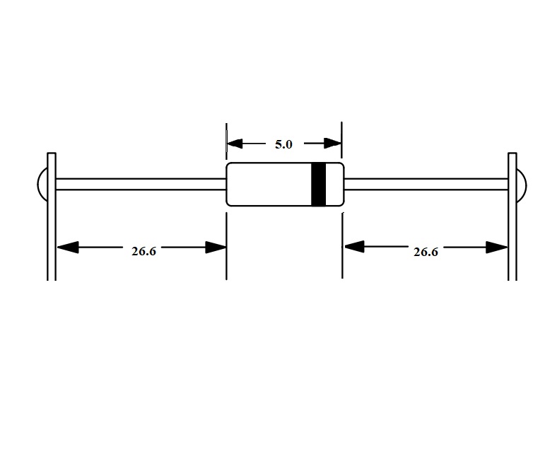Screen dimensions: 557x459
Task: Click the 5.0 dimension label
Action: click(283, 144)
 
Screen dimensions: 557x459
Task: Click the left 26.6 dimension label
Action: click(143, 251)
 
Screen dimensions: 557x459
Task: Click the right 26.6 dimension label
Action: click(426, 252)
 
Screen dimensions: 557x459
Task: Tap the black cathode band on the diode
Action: click(319, 184)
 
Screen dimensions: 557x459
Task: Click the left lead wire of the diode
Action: click(141, 184)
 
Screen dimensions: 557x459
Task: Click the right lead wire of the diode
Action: click(426, 184)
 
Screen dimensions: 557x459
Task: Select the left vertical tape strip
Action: click(52, 216)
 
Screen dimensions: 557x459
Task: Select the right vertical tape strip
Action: click(512, 216)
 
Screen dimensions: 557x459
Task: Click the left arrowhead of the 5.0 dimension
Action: click(235, 144)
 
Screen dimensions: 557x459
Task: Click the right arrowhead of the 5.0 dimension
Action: click(332, 144)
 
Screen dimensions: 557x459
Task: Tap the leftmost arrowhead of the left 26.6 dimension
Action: click(67, 247)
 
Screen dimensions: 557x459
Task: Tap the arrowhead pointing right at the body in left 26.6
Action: click(216, 247)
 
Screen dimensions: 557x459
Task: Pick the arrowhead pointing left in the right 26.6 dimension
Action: click(354, 246)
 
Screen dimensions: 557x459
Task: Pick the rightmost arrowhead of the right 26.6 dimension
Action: click(497, 247)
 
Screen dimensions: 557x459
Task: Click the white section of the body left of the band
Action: click(269, 184)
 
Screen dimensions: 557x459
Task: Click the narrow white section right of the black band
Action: click(334, 184)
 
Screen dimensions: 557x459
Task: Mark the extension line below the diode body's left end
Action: click(226, 246)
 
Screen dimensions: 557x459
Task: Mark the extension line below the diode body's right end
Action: click(342, 245)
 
